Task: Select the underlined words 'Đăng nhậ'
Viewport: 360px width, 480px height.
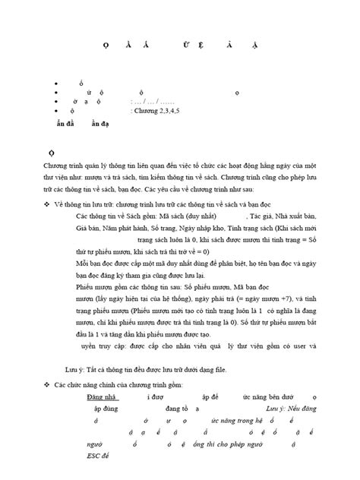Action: click(x=103, y=396)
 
